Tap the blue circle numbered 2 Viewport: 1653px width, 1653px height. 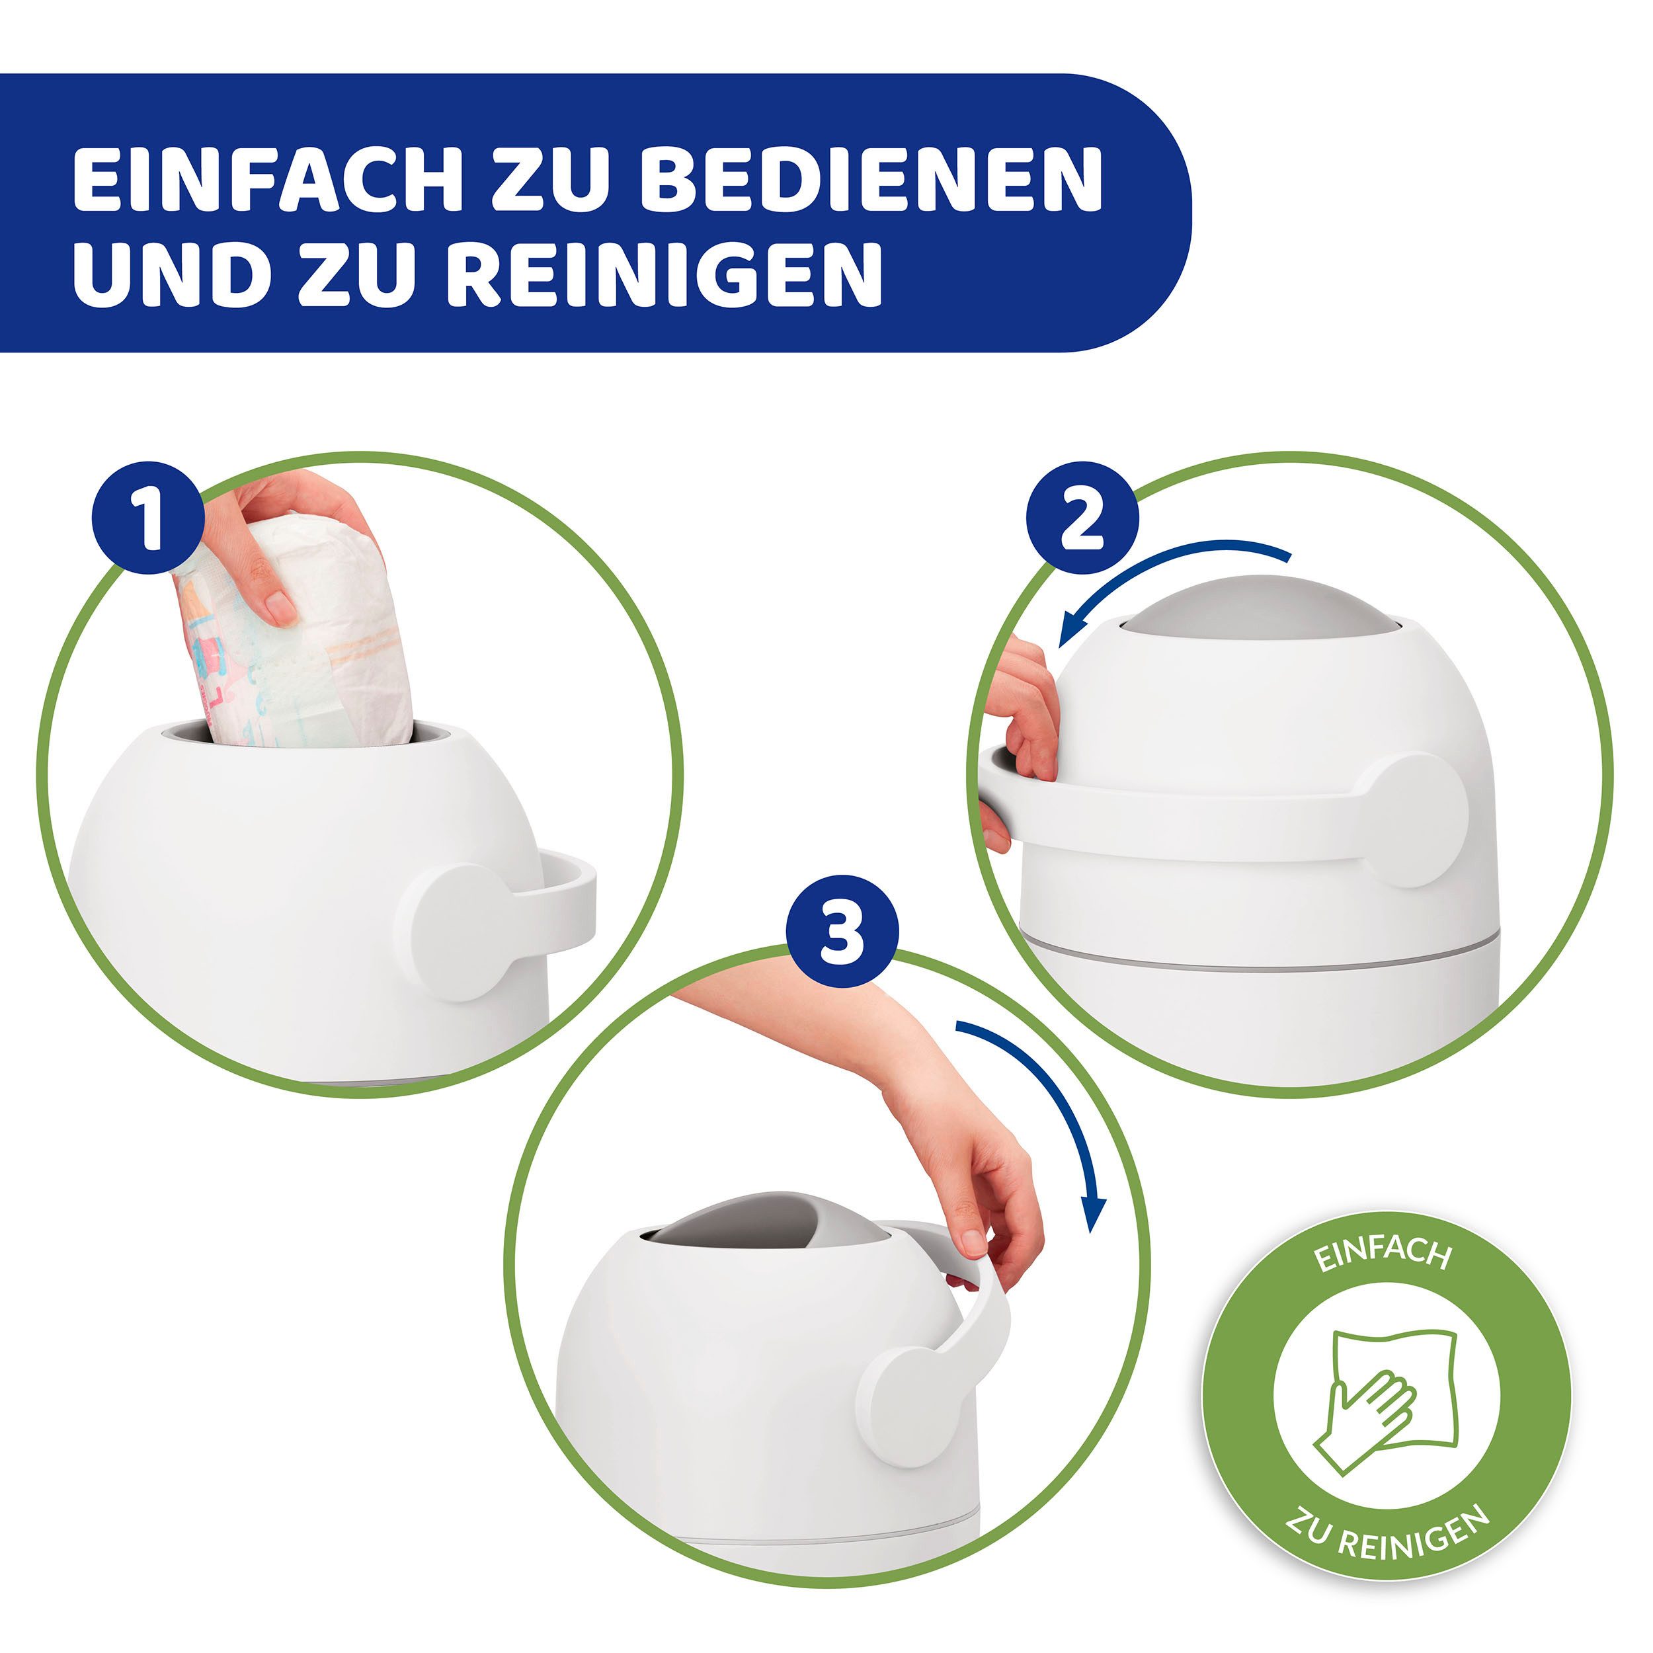(1082, 519)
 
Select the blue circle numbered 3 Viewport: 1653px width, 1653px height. (842, 932)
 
